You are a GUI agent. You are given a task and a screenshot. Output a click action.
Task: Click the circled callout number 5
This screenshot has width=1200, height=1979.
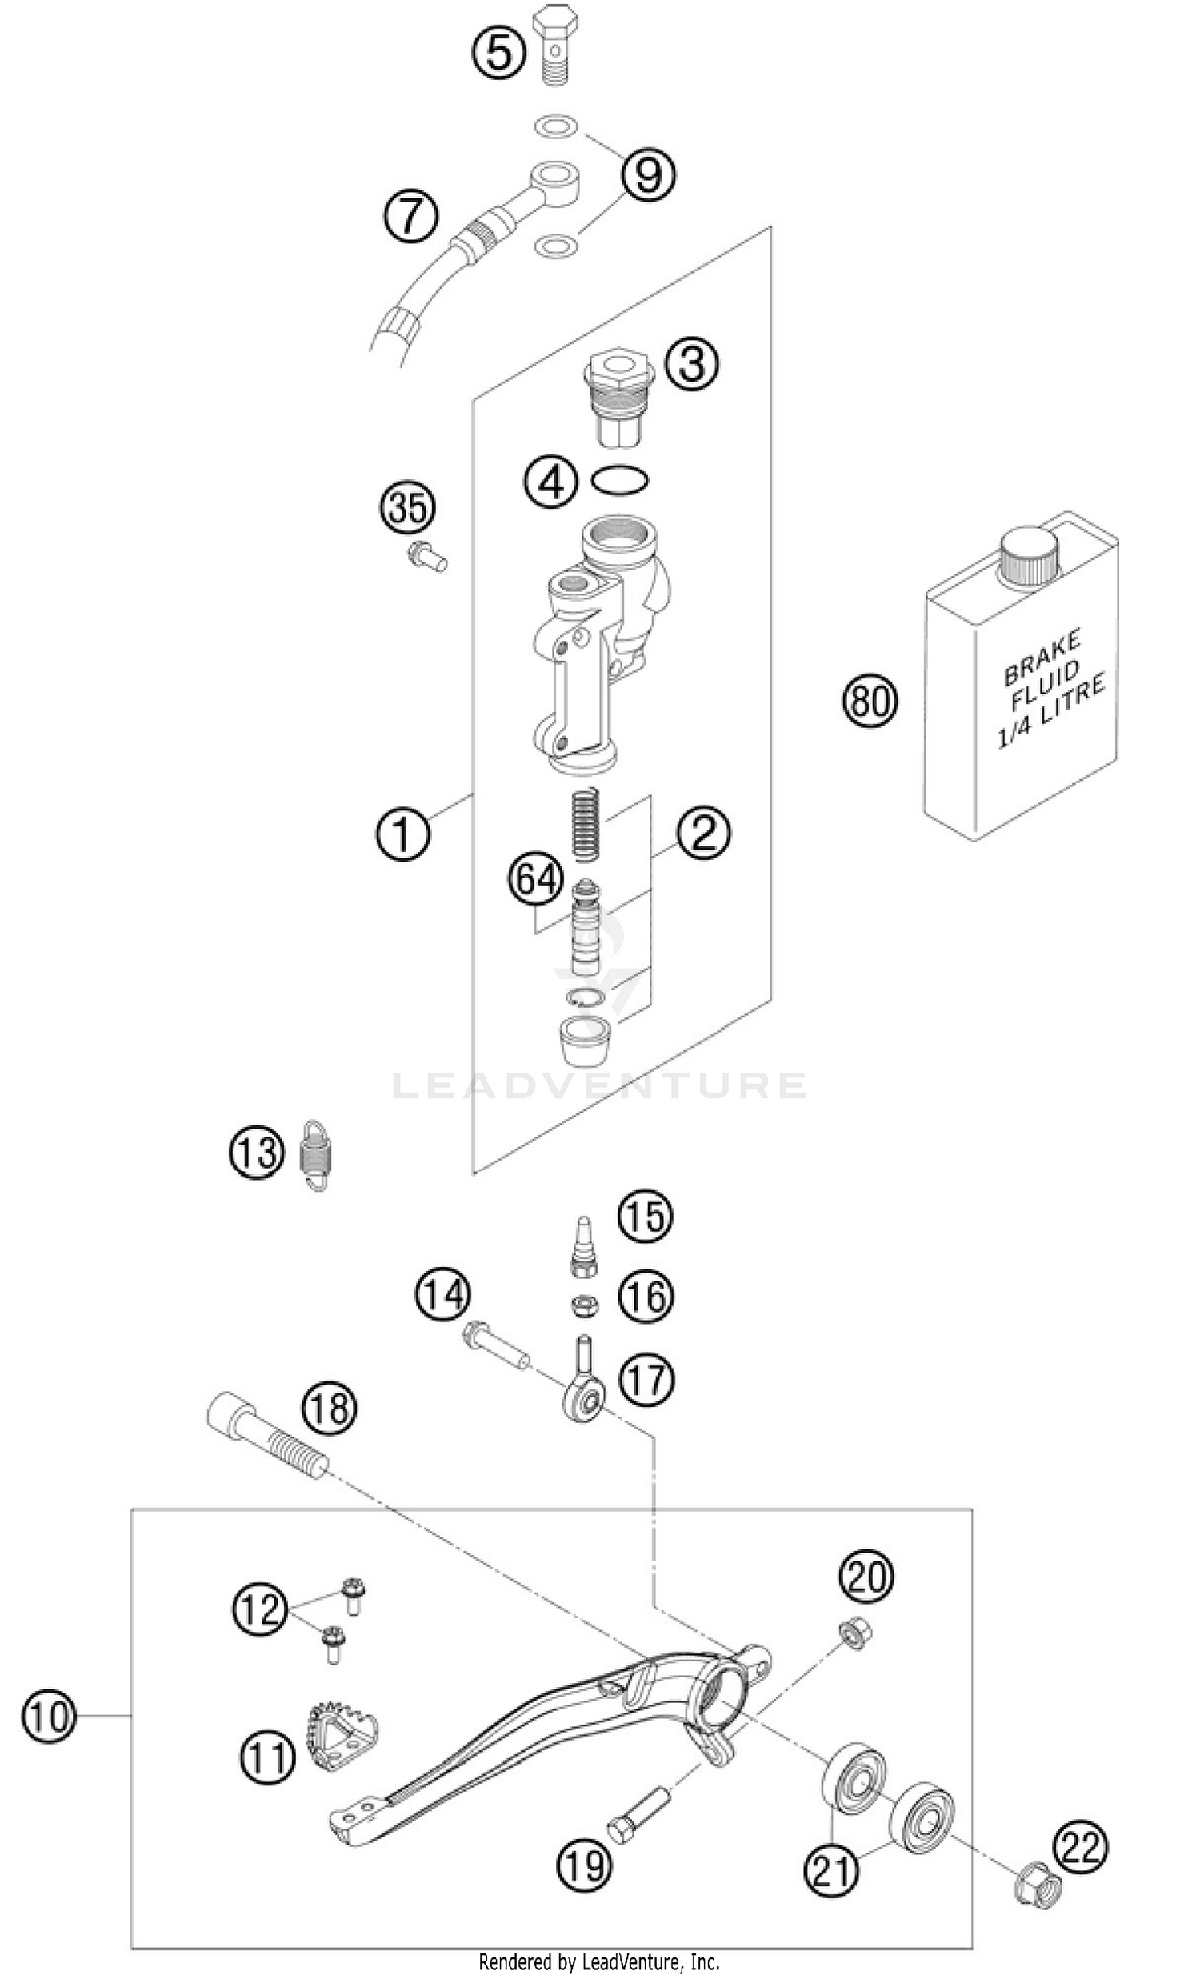pos(498,54)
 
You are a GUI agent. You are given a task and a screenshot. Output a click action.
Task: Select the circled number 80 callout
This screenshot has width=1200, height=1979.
pos(870,701)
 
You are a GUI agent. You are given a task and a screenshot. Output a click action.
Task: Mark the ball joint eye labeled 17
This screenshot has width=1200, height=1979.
pos(582,1405)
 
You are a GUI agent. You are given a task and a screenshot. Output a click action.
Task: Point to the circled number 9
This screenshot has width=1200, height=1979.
pos(648,174)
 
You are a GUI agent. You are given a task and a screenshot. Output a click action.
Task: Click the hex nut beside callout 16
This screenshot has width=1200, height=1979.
pos(585,1306)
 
